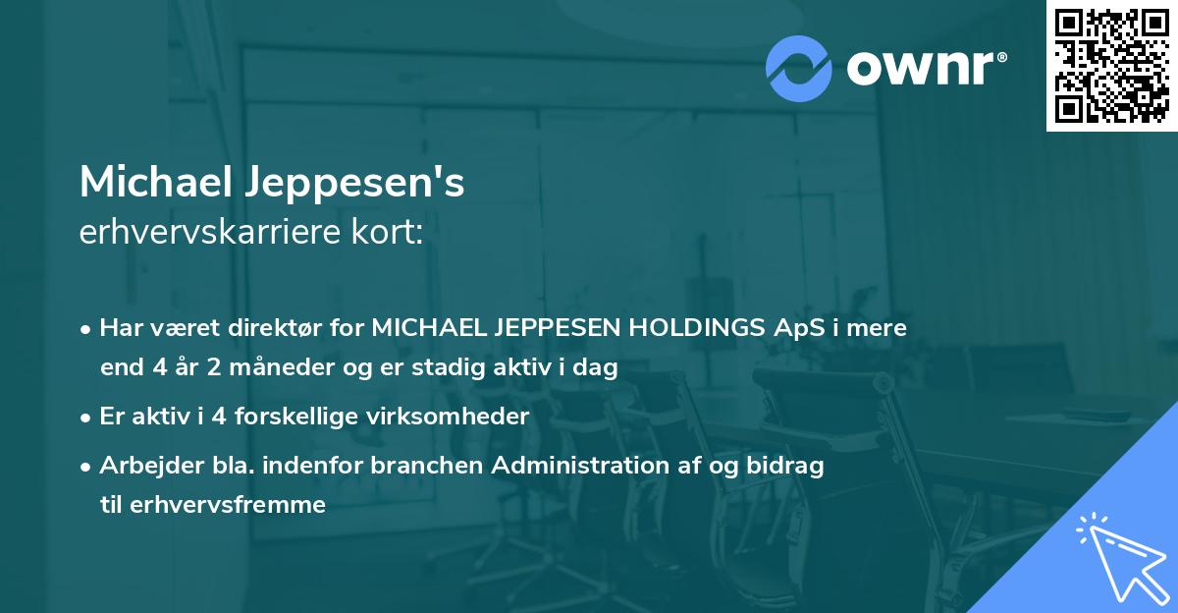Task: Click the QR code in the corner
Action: click(1111, 66)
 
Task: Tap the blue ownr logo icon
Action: click(798, 68)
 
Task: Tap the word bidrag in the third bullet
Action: click(789, 467)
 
